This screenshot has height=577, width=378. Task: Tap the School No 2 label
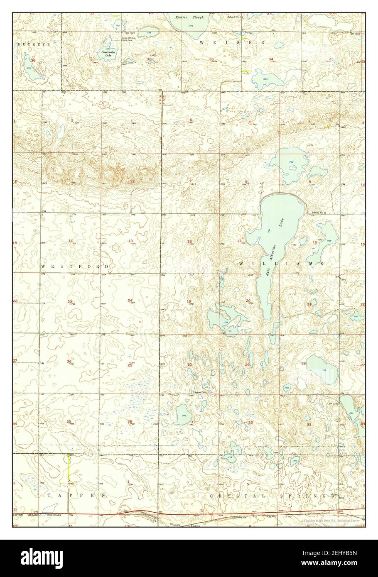click(200, 392)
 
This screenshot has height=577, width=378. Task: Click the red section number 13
click(130, 241)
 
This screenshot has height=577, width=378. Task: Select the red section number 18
click(189, 241)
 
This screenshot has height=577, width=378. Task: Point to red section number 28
click(304, 363)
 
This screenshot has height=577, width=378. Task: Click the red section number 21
click(309, 304)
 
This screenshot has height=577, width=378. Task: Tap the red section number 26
click(69, 361)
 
